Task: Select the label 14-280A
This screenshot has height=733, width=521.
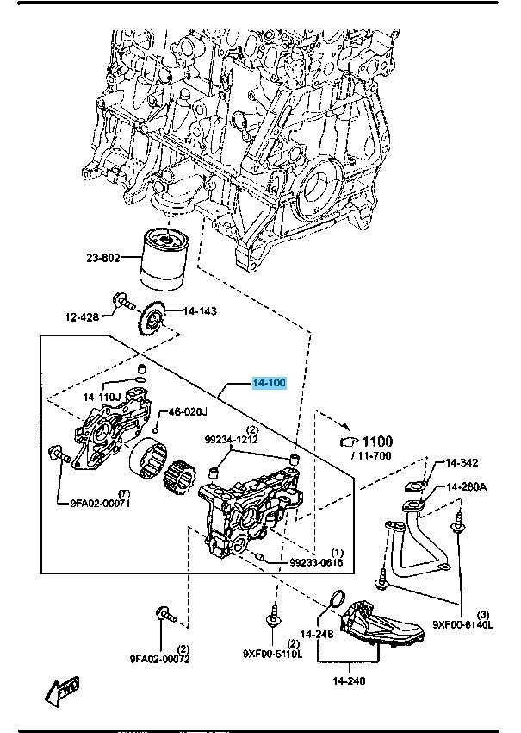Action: [466, 487]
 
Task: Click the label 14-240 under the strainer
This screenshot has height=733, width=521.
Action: [349, 680]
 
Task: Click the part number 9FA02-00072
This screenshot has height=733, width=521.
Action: [160, 659]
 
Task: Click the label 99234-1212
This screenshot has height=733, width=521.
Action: [230, 440]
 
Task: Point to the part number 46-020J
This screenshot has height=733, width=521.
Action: [188, 411]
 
